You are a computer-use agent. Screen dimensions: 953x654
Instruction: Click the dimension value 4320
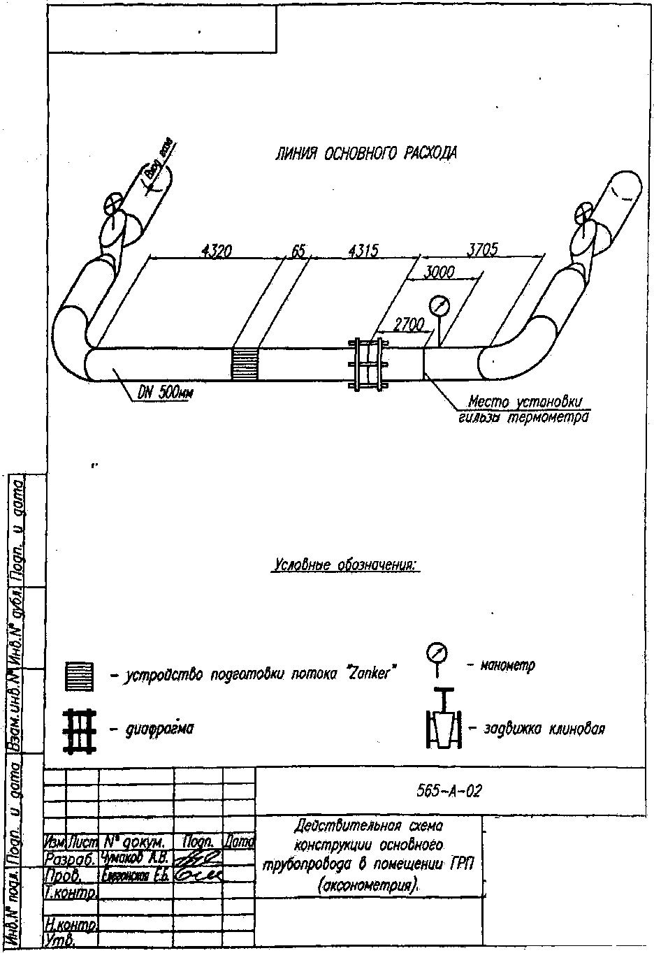pyautogui.click(x=216, y=251)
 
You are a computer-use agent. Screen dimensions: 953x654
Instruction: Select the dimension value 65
pyautogui.click(x=299, y=250)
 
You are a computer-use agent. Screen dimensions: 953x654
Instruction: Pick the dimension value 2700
pyautogui.click(x=409, y=324)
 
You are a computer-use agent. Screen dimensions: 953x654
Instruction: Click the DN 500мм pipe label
pyautogui.click(x=166, y=393)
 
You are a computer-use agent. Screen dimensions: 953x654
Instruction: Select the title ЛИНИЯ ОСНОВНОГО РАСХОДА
pyautogui.click(x=366, y=153)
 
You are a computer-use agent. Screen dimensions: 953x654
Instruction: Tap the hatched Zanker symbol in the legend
pyautogui.click(x=79, y=676)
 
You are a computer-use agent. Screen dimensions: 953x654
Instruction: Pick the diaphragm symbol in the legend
pyautogui.click(x=79, y=730)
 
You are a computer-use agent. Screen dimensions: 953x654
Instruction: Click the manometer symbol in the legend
pyautogui.click(x=437, y=655)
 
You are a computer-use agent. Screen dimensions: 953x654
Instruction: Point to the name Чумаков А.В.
pyautogui.click(x=136, y=858)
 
